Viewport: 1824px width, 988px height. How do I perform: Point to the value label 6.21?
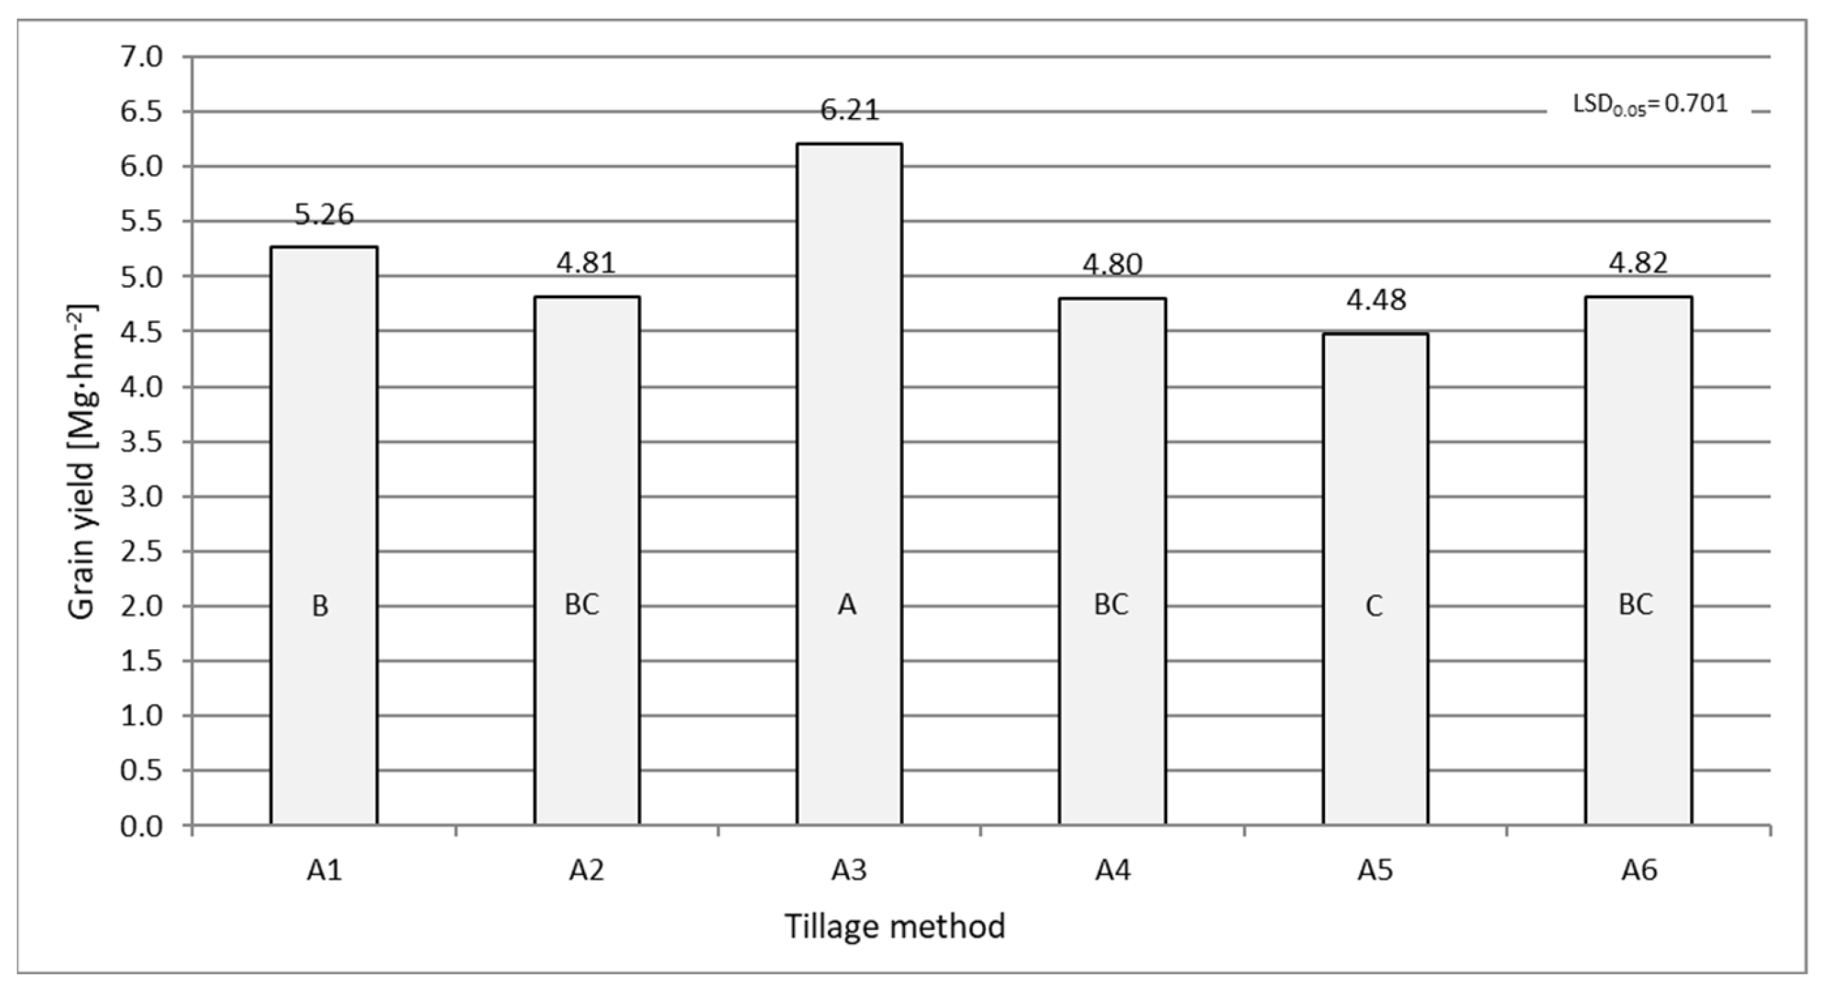pos(849,110)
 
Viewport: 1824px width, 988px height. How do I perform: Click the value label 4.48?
pos(1375,300)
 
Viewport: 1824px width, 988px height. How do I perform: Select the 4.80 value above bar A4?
pos(1112,265)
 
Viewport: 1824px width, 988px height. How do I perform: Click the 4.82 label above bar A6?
pos(1638,263)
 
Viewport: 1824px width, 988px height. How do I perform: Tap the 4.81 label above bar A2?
pos(586,263)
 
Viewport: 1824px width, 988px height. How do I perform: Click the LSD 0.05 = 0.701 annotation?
pos(1650,105)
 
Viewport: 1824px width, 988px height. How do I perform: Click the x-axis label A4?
pos(1112,870)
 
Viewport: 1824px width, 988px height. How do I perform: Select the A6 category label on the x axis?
pos(1638,870)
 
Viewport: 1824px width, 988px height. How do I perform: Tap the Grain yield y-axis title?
pos(82,463)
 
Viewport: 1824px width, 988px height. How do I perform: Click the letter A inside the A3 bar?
pos(847,605)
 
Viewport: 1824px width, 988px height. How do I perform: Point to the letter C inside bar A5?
pos(1374,606)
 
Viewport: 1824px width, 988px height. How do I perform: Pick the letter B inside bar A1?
pos(320,606)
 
